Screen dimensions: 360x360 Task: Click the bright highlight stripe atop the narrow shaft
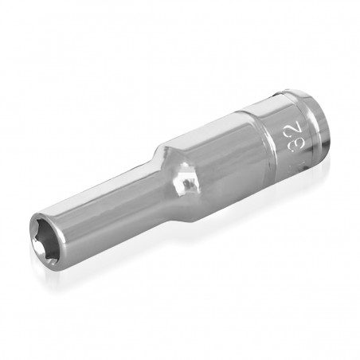[104, 185]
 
